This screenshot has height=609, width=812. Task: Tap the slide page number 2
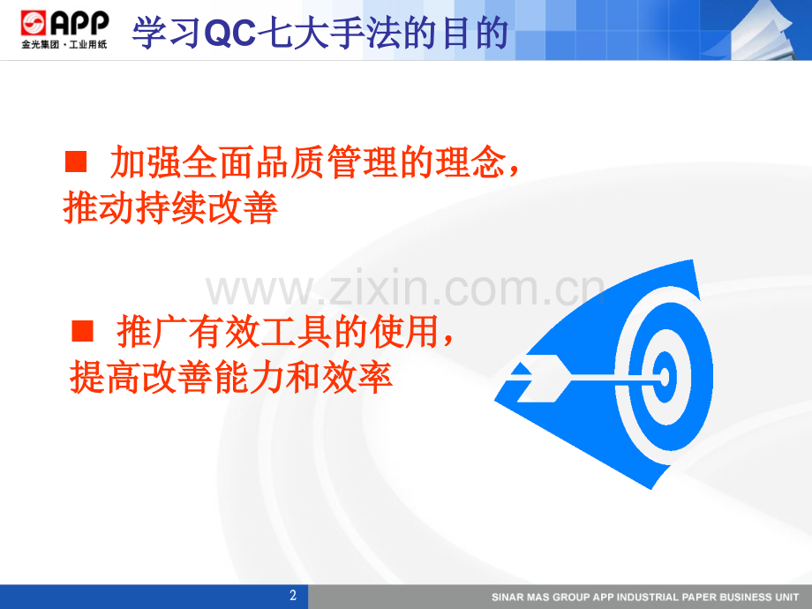click(x=294, y=596)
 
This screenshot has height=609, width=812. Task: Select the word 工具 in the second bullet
click(x=278, y=333)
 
